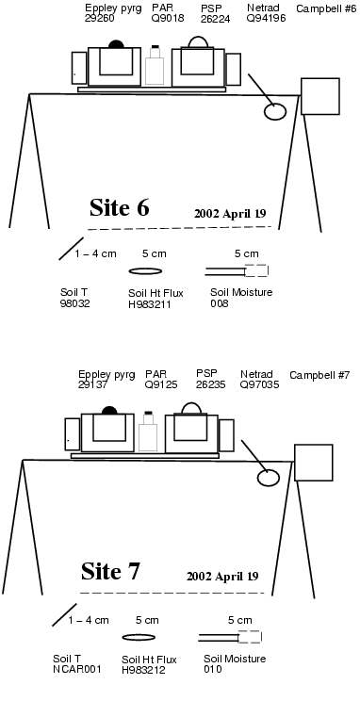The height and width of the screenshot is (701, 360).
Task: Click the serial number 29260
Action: point(100,18)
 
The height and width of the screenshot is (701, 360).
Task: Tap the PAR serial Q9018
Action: point(168,18)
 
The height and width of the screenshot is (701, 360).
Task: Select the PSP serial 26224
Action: point(216,18)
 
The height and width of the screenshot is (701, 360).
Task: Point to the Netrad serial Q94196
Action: point(266,18)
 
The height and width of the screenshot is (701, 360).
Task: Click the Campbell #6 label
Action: point(326,8)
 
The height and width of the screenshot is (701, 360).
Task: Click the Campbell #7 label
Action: point(319,375)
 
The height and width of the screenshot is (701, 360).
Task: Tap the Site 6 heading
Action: point(119,207)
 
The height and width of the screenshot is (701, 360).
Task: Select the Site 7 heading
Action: point(110,571)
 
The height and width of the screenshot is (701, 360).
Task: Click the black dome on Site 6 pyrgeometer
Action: point(116,43)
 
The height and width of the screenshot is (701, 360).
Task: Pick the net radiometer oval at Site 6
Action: point(275,111)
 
